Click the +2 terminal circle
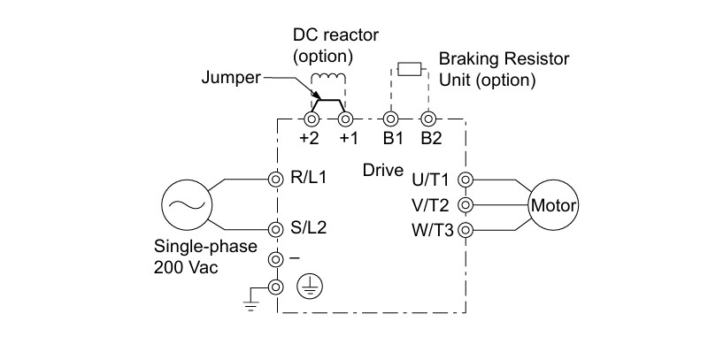pyautogui.click(x=312, y=119)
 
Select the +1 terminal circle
pyautogui.click(x=346, y=119)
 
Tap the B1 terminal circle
pyautogui.click(x=390, y=119)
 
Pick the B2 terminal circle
pyautogui.click(x=427, y=119)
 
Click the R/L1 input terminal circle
pyautogui.click(x=275, y=180)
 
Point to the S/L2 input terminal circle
pyautogui.click(x=275, y=229)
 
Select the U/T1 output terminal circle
pyautogui.click(x=466, y=180)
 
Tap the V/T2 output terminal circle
pyautogui.click(x=466, y=205)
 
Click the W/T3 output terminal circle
pyautogui.click(x=466, y=231)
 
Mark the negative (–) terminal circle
pyautogui.click(x=275, y=259)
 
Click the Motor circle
pyautogui.click(x=554, y=206)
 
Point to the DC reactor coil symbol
pyautogui.click(x=328, y=78)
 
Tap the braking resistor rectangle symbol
pyautogui.click(x=410, y=69)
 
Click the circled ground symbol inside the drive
pyautogui.click(x=311, y=287)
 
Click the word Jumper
pyautogui.click(x=231, y=78)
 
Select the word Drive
pyautogui.click(x=383, y=171)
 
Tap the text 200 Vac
pyautogui.click(x=186, y=267)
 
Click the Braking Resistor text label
pyautogui.click(x=504, y=58)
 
